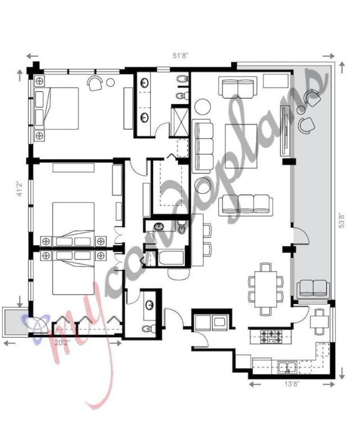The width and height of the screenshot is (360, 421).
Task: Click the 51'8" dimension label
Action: [180, 56]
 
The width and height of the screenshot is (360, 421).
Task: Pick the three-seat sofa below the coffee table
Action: [245, 204]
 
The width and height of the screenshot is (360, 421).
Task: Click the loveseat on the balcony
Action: [313, 288]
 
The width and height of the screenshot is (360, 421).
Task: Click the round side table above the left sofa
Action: [202, 106]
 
